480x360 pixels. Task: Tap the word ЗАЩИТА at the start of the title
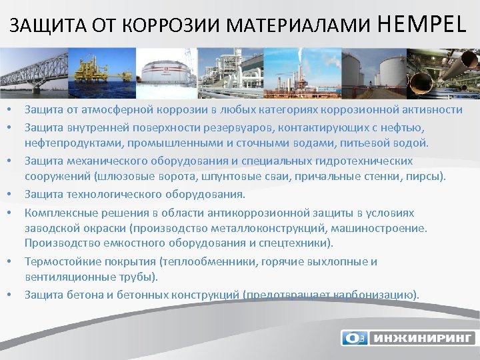tap(39, 27)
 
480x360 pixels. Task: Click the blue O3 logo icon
tap(353, 338)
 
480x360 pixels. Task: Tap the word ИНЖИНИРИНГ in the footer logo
tap(421, 338)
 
